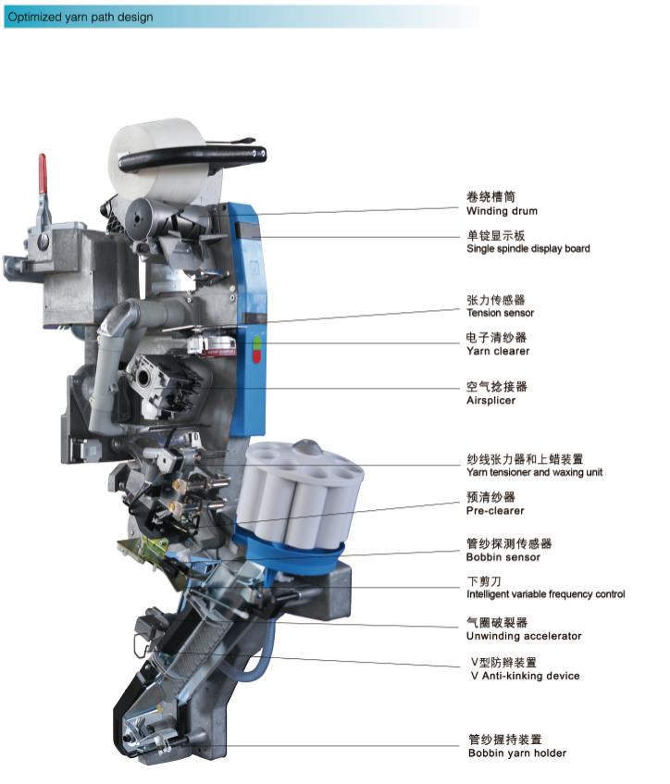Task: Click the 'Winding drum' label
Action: coord(502,211)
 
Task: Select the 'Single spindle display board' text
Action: coord(528,248)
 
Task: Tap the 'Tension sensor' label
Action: coord(500,313)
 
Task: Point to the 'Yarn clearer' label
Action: coord(498,351)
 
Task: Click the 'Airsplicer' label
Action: coord(490,400)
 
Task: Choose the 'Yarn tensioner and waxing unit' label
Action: coord(534,472)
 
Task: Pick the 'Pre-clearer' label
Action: coord(495,511)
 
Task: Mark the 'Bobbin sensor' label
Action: coord(503,557)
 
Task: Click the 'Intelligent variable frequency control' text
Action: coord(545,594)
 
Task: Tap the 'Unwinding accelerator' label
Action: coord(524,636)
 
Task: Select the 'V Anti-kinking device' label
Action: coord(525,676)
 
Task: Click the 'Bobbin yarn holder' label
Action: coord(517,753)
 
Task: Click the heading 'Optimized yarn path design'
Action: coord(81,17)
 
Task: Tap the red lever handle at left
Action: coord(43,174)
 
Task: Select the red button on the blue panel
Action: coord(257,356)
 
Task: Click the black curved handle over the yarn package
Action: coord(192,157)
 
